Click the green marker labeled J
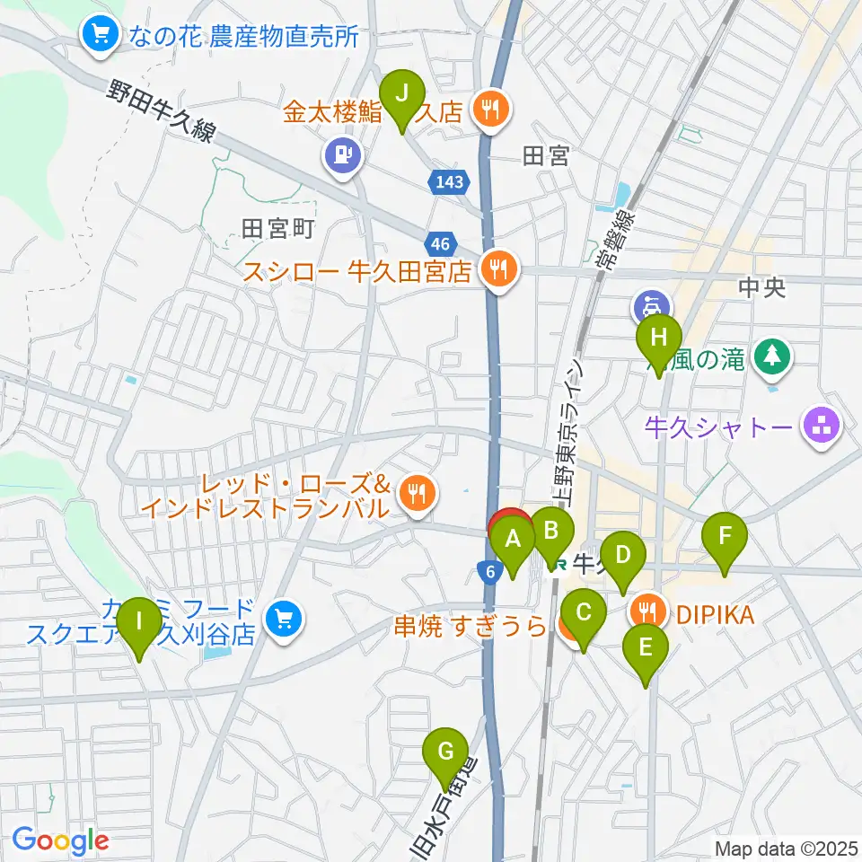402,93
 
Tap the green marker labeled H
659,339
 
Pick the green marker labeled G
445,750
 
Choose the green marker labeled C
584,614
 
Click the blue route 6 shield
488,572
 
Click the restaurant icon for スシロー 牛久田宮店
496,268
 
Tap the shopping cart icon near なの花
99,35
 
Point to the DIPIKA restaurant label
715,614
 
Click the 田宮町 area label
277,229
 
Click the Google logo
60,840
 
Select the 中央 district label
761,288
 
